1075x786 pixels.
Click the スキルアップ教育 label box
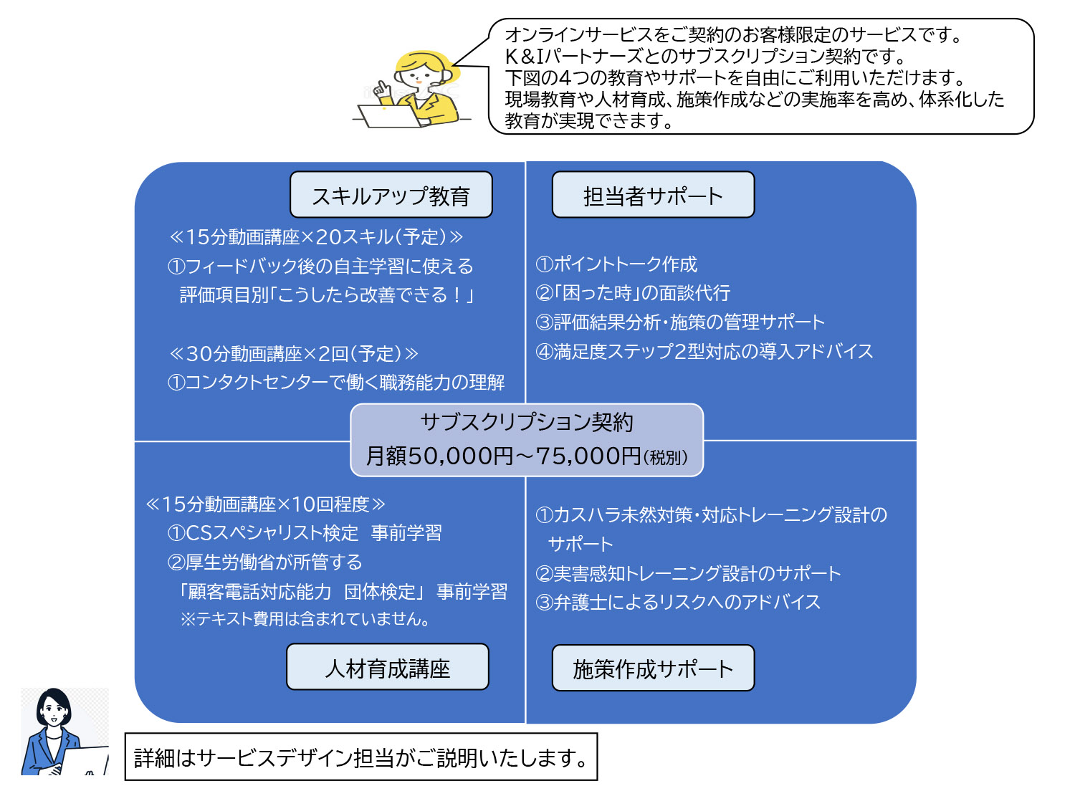[x=391, y=195]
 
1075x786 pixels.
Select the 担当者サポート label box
[x=653, y=195]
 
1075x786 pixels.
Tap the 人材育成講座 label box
[x=387, y=667]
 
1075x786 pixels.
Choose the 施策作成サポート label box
[x=653, y=668]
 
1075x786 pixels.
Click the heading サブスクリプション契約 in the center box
[x=527, y=422]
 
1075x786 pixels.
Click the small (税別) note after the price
[x=666, y=458]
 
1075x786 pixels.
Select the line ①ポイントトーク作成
[x=616, y=264]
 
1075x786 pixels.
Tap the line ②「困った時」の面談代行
[x=633, y=293]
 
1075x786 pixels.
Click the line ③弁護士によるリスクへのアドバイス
[x=678, y=602]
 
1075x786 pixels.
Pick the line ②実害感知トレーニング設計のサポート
[x=688, y=573]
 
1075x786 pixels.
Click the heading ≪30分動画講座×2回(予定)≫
[x=293, y=353]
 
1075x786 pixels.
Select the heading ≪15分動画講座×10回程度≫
[x=265, y=504]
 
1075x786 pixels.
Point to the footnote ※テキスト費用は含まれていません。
[x=306, y=619]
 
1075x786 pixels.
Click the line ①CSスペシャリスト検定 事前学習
[x=305, y=533]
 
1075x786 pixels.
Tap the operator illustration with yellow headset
[x=416, y=90]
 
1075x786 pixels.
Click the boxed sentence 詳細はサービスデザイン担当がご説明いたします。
[x=361, y=757]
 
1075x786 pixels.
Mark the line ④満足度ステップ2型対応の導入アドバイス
[x=704, y=351]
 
